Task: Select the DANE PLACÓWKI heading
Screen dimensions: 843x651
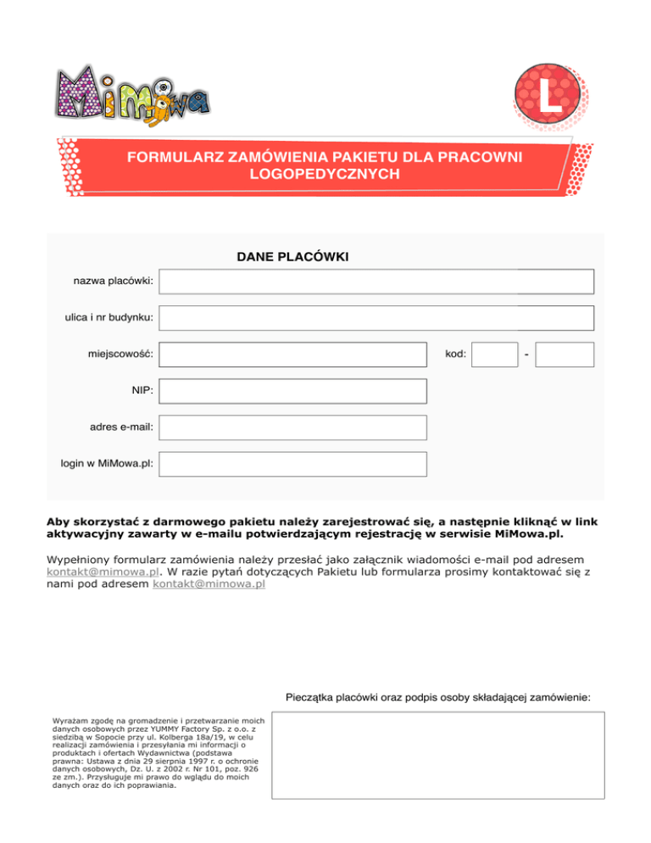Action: [x=293, y=255]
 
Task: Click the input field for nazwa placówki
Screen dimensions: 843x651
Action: [x=377, y=282]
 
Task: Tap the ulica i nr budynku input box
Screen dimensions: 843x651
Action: [x=377, y=318]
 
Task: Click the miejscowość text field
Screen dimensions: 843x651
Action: [x=293, y=355]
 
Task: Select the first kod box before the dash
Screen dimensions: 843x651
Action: [x=494, y=355]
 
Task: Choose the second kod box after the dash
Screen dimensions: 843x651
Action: [x=565, y=355]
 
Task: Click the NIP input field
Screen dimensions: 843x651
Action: [x=293, y=391]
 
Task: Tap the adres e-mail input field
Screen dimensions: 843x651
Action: [x=293, y=427]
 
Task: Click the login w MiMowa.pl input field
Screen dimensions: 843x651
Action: [x=293, y=464]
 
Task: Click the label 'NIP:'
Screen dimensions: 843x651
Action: [x=142, y=391]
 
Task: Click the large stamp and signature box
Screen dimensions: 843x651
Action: [x=437, y=755]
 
